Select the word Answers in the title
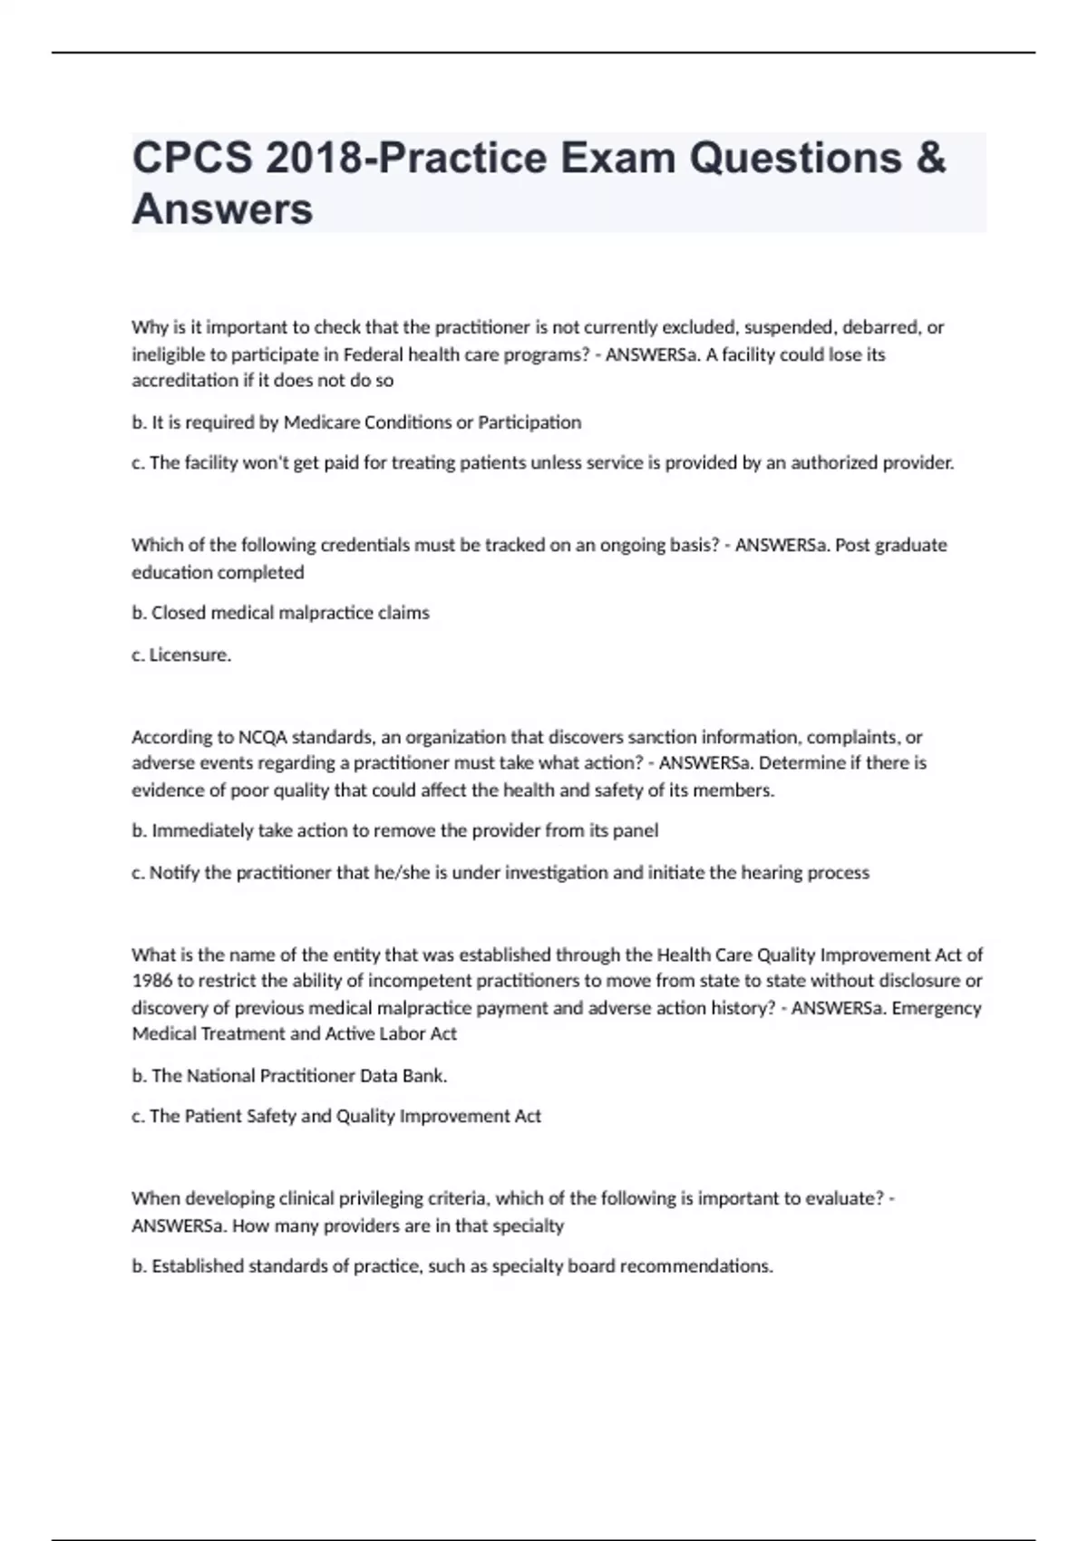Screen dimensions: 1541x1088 (x=222, y=209)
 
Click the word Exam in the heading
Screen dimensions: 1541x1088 (x=617, y=159)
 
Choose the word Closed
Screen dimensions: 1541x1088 (x=179, y=613)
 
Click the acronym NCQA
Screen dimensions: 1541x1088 (x=262, y=737)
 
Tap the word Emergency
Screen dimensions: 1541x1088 (x=937, y=1008)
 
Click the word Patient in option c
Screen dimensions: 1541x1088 (x=213, y=1116)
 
